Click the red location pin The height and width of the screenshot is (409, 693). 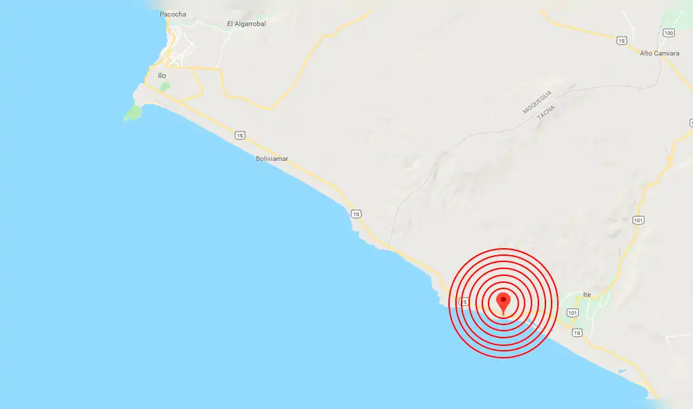click(x=504, y=302)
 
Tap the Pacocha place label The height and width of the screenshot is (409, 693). click(x=173, y=14)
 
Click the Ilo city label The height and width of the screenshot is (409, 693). click(x=162, y=76)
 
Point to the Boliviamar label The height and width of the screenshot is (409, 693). click(x=272, y=159)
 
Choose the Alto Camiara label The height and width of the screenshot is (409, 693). click(x=659, y=53)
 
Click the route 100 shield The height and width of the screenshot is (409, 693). click(x=668, y=33)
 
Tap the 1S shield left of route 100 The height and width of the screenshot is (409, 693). click(x=622, y=41)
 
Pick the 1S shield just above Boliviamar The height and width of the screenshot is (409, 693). click(x=239, y=134)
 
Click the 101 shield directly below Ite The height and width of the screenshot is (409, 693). click(x=572, y=313)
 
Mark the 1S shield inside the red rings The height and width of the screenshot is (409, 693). click(x=464, y=302)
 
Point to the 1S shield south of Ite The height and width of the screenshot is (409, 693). click(x=576, y=333)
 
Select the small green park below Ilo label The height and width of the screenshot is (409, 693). click(x=164, y=87)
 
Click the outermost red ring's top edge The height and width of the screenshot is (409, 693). click(x=504, y=248)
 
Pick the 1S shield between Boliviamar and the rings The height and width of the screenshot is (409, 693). click(x=356, y=214)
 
